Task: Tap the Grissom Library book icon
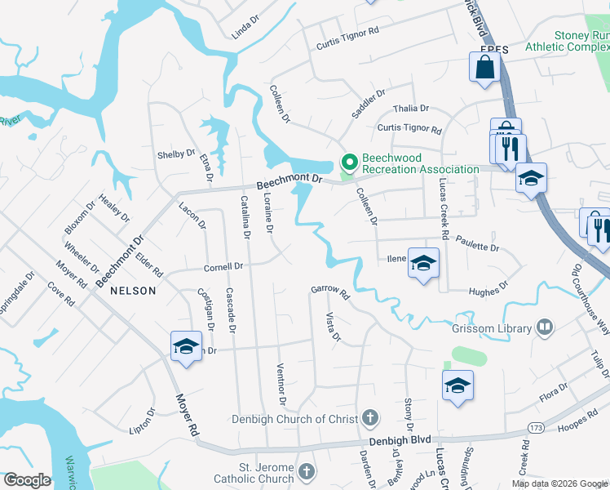pos(545,328)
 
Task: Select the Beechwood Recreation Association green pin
pos(349,162)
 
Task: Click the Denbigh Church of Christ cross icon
pos(370,419)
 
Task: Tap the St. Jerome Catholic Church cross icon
pos(306,471)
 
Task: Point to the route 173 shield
pos(536,427)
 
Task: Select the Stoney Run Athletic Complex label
pos(580,41)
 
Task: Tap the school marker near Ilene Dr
pos(423,263)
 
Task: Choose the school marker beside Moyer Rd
pos(186,346)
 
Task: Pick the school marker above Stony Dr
pos(457,385)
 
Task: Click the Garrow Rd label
pos(329,290)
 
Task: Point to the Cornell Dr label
pos(223,266)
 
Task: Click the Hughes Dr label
pos(488,288)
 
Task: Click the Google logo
pos(28,481)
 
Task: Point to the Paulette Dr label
pos(478,243)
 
